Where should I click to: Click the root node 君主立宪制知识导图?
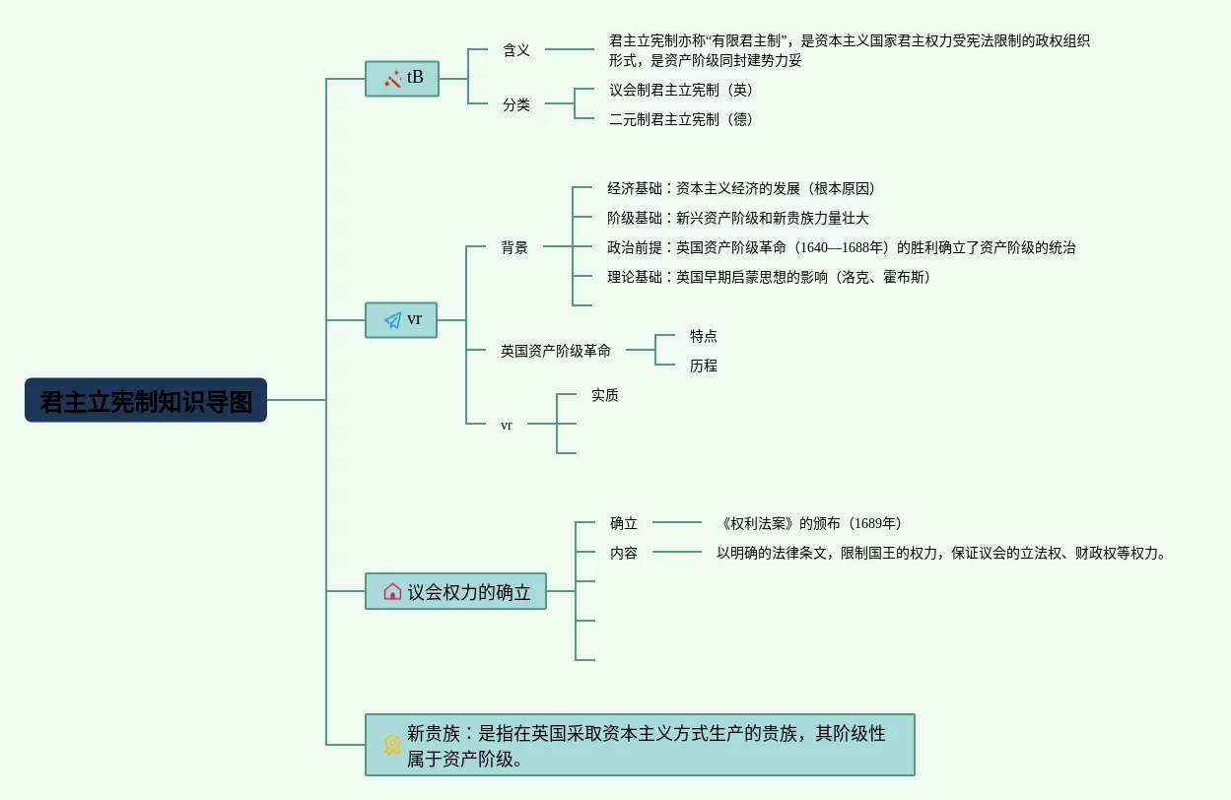(x=146, y=401)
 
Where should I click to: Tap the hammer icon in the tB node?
(x=392, y=79)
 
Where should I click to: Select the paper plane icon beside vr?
(x=392, y=320)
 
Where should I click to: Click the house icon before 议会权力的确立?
(x=392, y=591)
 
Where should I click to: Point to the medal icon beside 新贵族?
(x=392, y=745)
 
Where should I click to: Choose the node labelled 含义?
(x=516, y=50)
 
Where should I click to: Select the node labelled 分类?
(x=516, y=104)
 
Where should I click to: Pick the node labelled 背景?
(x=514, y=247)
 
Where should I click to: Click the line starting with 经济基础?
(x=741, y=188)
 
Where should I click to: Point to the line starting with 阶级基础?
(x=738, y=218)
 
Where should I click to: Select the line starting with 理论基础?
(x=769, y=277)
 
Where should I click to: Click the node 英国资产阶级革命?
(x=556, y=350)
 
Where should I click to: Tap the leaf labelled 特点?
(x=704, y=336)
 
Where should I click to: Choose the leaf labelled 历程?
(x=704, y=366)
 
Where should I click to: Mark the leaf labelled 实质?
(x=605, y=395)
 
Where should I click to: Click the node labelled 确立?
(x=624, y=523)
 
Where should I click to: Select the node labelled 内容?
(x=624, y=553)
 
